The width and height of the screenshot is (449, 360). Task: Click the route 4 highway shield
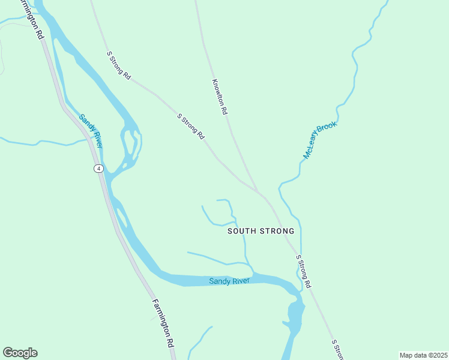click(98, 168)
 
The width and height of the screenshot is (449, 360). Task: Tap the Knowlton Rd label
click(220, 97)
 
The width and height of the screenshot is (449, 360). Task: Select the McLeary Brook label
click(320, 140)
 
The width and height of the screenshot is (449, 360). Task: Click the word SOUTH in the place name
click(243, 231)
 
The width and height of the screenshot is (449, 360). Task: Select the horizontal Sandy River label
click(229, 281)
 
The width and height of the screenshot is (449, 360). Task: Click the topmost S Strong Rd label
click(119, 65)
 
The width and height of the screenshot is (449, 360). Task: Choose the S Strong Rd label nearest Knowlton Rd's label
click(191, 127)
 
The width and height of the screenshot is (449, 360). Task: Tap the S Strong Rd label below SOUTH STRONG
click(304, 271)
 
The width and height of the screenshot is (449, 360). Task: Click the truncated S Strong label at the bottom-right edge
click(337, 349)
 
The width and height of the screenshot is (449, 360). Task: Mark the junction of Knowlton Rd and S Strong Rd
click(258, 192)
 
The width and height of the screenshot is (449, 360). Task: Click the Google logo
click(20, 353)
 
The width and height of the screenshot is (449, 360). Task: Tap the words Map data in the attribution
click(412, 355)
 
